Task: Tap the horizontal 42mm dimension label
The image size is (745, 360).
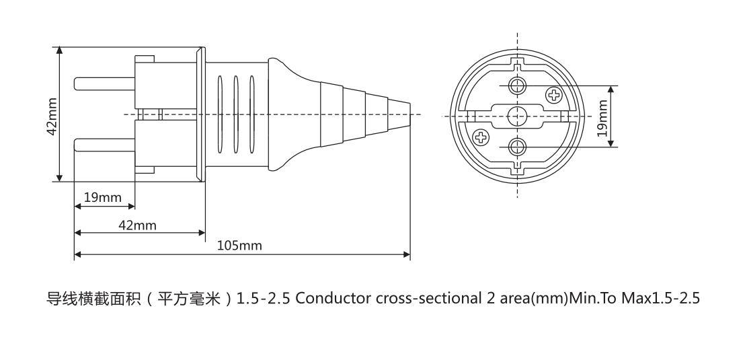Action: tap(137, 225)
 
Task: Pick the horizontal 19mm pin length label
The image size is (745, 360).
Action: tap(103, 198)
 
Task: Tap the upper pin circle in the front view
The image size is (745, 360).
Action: tap(517, 85)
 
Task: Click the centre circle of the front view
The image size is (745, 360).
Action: tap(517, 114)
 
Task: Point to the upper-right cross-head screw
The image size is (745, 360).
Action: tap(554, 95)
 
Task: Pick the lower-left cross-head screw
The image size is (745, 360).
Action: tap(480, 137)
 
